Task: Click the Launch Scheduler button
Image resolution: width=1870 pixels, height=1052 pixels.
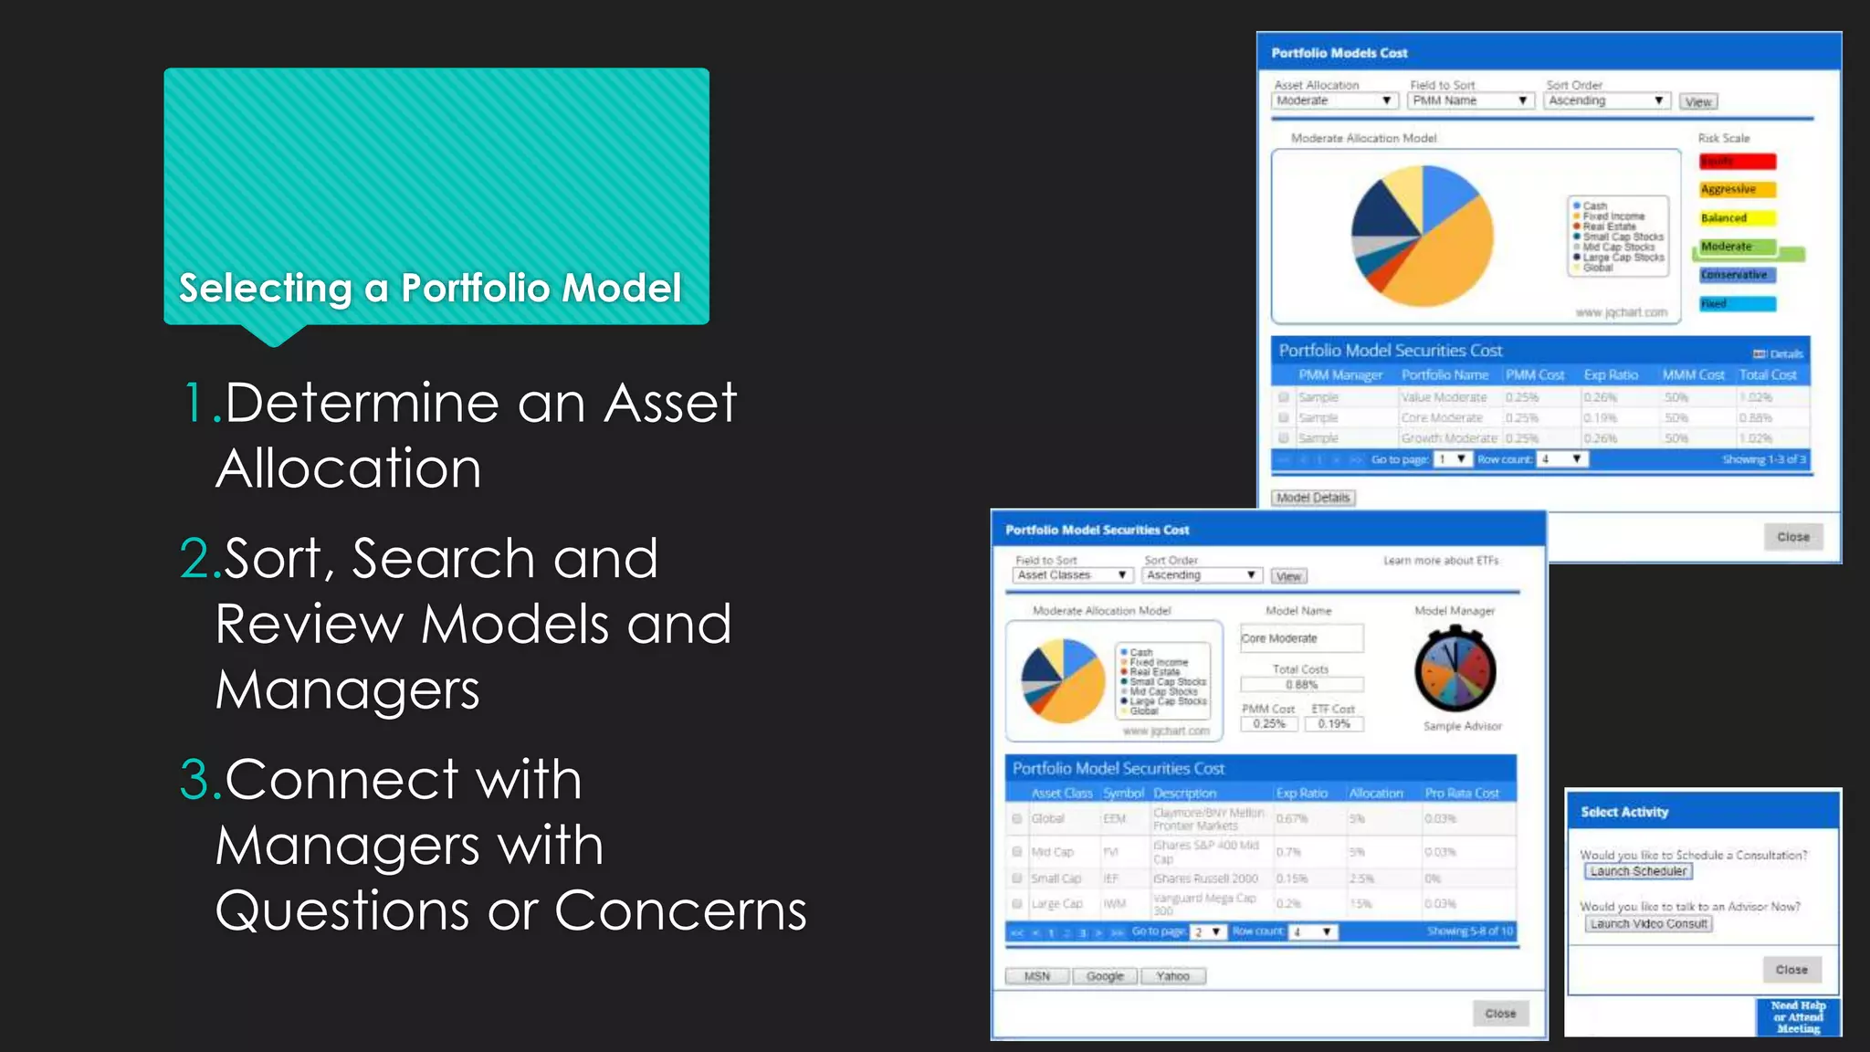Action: [x=1638, y=871]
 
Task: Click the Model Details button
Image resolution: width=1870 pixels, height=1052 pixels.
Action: [x=1313, y=498]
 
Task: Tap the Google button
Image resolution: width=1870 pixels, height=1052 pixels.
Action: [x=1105, y=976]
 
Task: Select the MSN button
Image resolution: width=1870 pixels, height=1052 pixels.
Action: [x=1037, y=976]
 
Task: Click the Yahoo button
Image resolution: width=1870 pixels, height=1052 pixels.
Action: [x=1172, y=976]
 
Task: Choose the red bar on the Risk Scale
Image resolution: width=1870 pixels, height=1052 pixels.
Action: [x=1738, y=162]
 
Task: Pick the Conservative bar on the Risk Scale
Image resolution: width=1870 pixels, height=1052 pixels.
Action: [x=1738, y=275]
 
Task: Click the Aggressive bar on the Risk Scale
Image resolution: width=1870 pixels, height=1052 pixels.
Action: [x=1738, y=190]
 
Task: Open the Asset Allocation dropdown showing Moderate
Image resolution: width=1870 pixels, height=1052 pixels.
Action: [x=1334, y=100]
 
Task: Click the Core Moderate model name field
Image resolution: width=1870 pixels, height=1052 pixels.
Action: [x=1301, y=638]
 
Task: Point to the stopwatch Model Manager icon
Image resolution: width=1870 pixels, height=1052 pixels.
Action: [x=1455, y=671]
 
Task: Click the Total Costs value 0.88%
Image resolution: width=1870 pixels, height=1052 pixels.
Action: [x=1301, y=685]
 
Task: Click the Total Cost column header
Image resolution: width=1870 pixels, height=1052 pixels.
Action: [x=1768, y=375]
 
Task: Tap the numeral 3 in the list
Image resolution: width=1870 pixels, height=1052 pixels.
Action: [x=194, y=780]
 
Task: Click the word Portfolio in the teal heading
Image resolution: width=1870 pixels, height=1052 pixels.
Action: [x=475, y=289]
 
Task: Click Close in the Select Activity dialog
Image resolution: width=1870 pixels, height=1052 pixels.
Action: [x=1791, y=970]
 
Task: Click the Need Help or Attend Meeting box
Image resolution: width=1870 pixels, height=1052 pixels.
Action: [x=1798, y=1017]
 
